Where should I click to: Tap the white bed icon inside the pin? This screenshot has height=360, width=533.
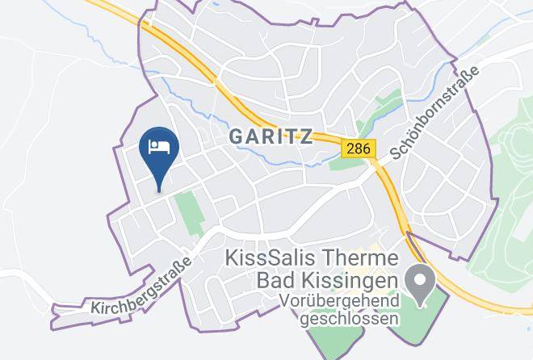coord(159,146)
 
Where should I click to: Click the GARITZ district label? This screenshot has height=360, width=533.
coord(271,136)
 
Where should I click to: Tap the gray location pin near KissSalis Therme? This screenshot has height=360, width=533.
coord(421,285)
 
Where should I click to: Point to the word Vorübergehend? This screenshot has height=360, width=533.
coord(340,301)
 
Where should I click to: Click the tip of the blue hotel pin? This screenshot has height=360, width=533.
coord(159,190)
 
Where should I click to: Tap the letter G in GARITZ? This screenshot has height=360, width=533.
coord(237,136)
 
